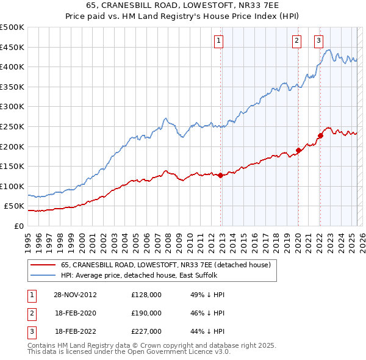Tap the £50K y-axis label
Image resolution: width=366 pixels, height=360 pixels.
pos(14,206)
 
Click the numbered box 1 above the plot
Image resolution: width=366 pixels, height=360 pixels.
pos(218,41)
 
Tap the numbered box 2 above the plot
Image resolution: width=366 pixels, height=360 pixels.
pos(296,41)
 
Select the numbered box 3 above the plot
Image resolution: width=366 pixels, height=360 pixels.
pos(318,41)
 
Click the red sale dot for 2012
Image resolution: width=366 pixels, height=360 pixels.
pos(220,175)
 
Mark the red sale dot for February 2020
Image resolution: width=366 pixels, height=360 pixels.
pos(298,150)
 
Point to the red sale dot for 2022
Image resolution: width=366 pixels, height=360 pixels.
pos(320,135)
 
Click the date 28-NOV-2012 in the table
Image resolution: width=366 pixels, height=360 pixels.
pos(75,295)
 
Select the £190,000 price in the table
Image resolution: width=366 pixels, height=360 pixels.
pos(146,313)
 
